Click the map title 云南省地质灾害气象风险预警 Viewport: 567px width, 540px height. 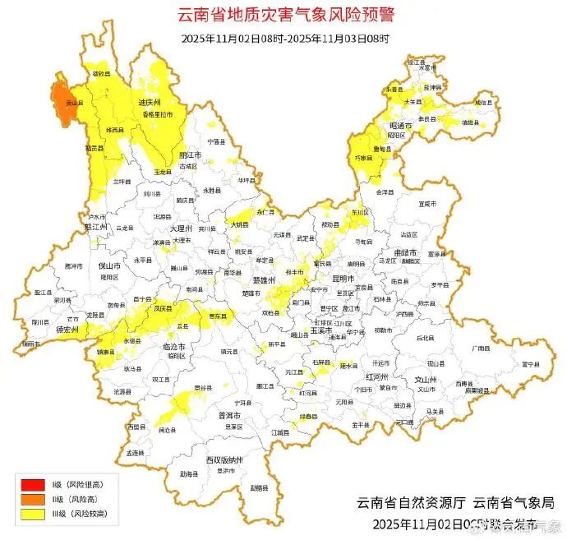[284, 14]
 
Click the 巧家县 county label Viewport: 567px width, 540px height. [363, 156]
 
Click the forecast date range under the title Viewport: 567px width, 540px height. [284, 38]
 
